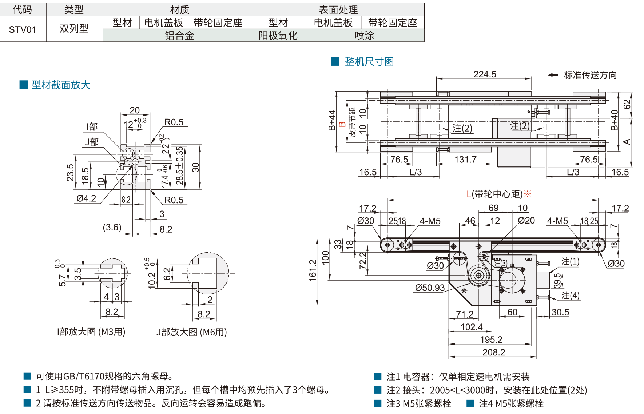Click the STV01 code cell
click(x=23, y=29)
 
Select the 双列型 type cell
click(x=74, y=29)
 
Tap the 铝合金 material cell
click(x=179, y=36)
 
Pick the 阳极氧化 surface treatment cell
click(x=278, y=36)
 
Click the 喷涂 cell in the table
click(x=364, y=36)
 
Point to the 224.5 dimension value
click(x=485, y=74)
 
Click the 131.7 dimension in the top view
click(x=465, y=160)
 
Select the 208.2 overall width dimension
click(x=494, y=352)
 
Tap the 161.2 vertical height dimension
click(x=313, y=270)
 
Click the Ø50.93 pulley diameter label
click(x=430, y=288)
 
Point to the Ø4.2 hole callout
click(x=86, y=198)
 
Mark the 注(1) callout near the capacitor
click(x=570, y=261)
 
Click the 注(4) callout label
click(x=570, y=296)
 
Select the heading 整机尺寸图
click(x=369, y=62)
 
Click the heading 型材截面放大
click(x=61, y=85)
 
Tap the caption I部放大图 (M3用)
click(x=91, y=332)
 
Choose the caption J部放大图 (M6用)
click(x=192, y=332)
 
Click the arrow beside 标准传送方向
click(x=553, y=75)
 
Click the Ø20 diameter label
click(x=526, y=221)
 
